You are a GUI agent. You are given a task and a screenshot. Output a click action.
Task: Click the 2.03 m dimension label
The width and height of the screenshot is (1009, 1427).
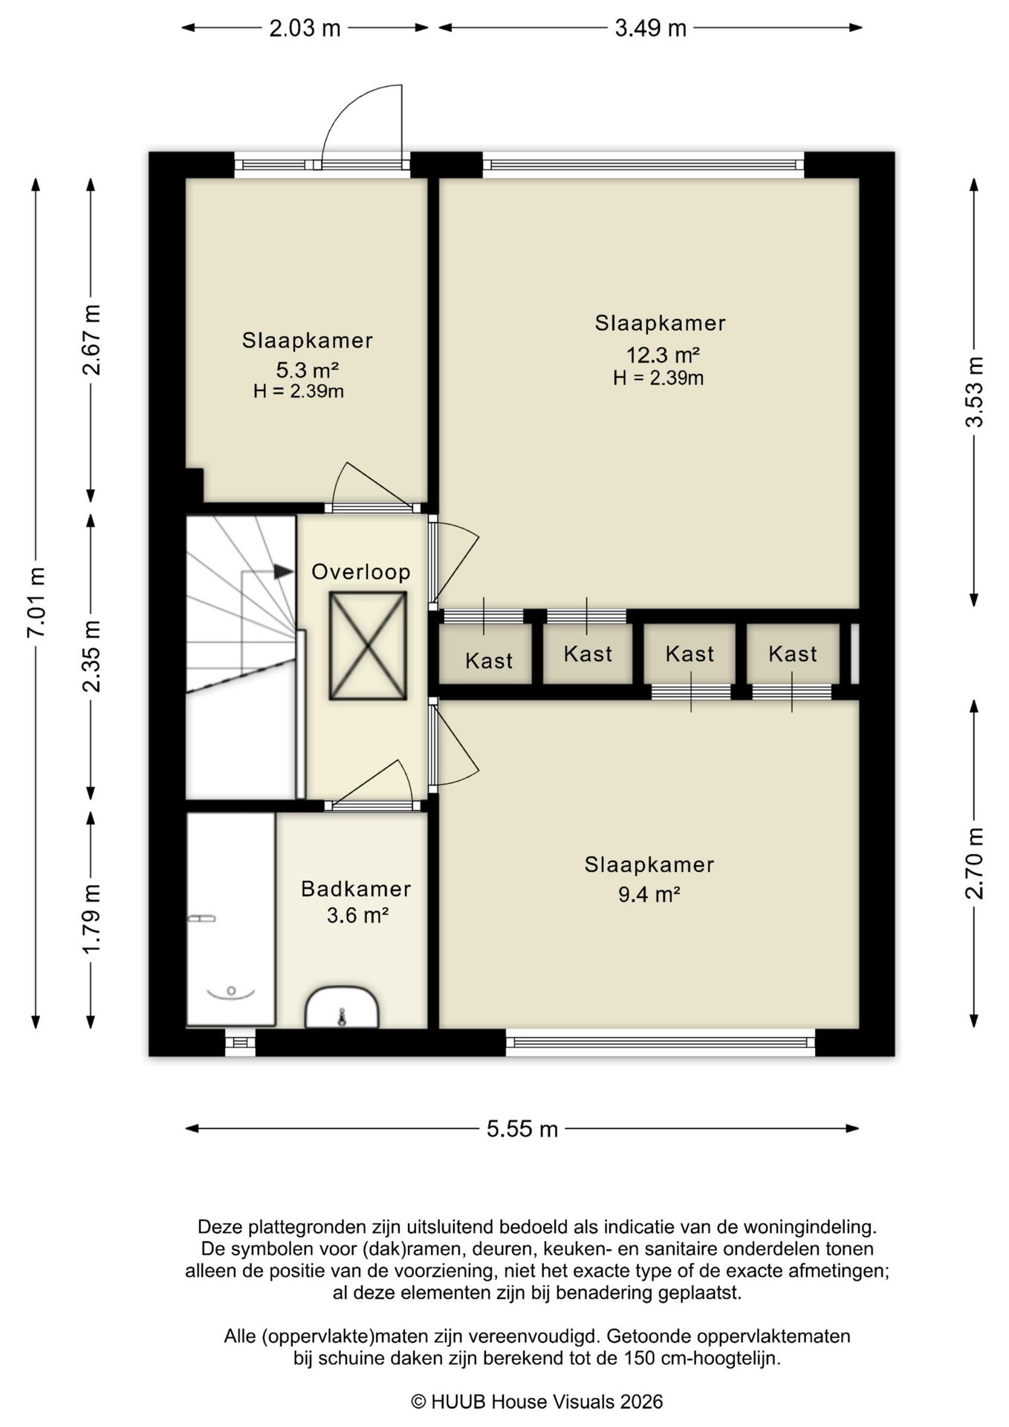(305, 28)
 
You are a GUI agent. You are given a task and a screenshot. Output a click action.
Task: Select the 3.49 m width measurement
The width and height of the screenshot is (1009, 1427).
(650, 28)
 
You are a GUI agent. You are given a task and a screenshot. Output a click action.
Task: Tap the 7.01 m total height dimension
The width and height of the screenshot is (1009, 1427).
(36, 602)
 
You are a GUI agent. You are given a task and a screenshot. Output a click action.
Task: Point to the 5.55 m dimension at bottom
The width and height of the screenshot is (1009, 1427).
(522, 1129)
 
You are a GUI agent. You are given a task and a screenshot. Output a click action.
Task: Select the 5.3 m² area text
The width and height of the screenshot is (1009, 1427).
(308, 369)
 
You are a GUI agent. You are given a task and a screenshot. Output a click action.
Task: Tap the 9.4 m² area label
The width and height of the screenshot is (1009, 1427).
(649, 894)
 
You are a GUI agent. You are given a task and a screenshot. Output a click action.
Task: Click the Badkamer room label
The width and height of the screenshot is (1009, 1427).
(356, 889)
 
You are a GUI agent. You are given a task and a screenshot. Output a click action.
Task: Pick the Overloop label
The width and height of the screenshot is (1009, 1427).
(361, 572)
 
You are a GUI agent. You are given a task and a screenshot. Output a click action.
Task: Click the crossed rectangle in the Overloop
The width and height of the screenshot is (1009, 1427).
(368, 646)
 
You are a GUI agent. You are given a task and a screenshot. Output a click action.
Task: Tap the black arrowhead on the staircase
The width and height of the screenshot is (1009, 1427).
(283, 571)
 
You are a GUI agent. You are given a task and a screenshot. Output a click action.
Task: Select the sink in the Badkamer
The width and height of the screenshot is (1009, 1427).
(343, 1007)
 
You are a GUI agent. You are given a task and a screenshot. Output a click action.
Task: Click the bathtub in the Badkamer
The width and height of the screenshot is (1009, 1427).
(230, 919)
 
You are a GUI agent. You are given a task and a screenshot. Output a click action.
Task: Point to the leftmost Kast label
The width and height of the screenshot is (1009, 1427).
(489, 661)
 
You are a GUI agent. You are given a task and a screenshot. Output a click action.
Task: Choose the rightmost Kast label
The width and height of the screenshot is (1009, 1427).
(793, 654)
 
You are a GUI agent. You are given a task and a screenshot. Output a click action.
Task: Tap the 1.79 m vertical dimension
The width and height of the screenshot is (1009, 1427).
(91, 919)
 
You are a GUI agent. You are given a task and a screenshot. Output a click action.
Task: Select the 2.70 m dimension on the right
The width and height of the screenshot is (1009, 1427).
(974, 864)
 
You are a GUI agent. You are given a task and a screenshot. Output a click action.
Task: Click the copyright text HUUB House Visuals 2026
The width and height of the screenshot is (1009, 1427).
(537, 1402)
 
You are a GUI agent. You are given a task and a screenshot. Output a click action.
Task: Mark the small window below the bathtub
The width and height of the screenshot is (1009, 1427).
(240, 1042)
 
